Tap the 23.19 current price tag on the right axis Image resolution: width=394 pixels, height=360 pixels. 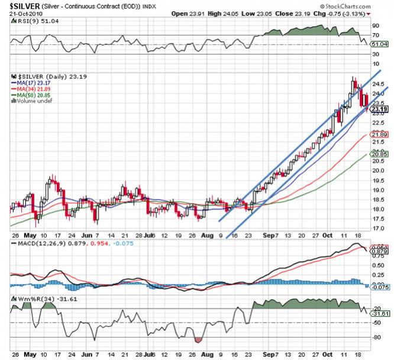[x=379, y=109]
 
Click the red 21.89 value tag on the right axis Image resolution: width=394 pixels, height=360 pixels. [x=379, y=135]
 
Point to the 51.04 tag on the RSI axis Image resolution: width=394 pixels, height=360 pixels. [x=379, y=44]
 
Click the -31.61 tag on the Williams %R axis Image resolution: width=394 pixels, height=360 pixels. [x=379, y=313]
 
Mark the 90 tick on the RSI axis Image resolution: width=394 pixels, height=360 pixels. [x=375, y=26]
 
